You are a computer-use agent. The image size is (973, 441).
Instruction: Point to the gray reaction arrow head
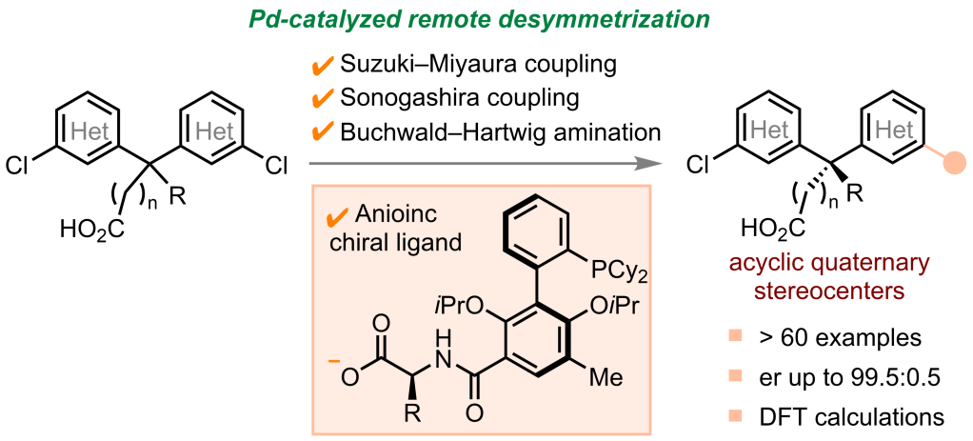pyautogui.click(x=654, y=165)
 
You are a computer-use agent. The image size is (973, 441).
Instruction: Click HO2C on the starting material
pyautogui.click(x=88, y=229)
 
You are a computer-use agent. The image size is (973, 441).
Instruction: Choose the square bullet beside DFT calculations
pyautogui.click(x=734, y=416)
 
